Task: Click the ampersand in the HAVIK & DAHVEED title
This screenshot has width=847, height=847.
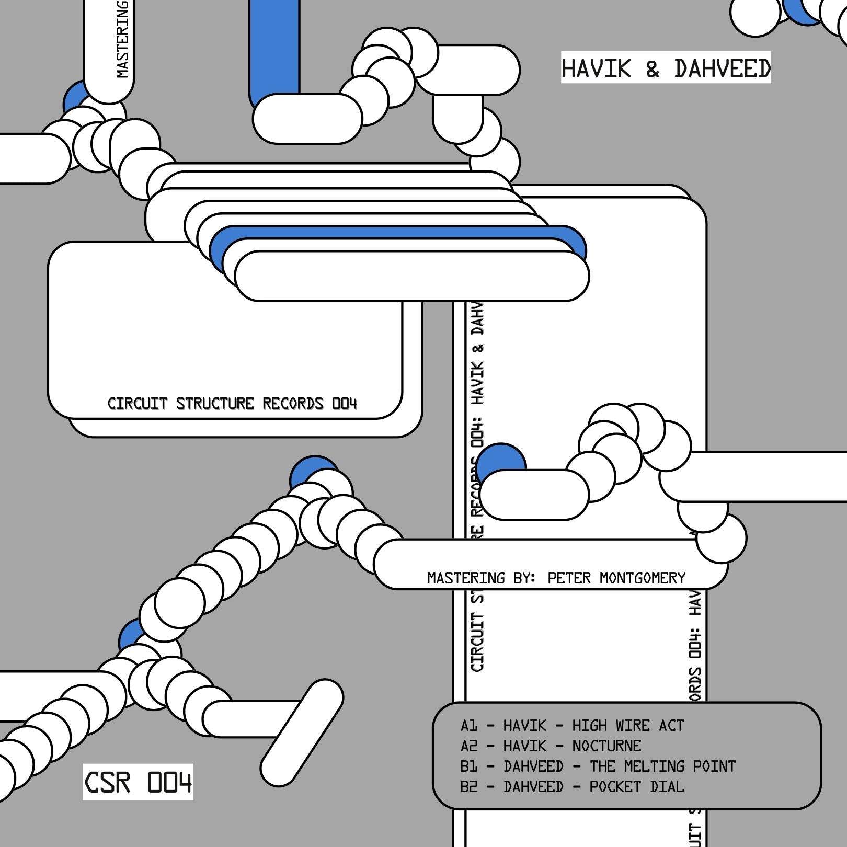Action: point(652,68)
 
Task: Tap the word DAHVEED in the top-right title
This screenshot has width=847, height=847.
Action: point(722,68)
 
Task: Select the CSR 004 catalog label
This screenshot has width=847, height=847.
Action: point(138,782)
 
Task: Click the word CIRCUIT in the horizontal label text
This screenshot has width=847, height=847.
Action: point(130,404)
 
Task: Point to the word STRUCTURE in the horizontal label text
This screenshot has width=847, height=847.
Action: point(215,404)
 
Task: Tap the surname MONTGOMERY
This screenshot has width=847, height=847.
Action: point(642,578)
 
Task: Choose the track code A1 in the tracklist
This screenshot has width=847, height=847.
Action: point(468,726)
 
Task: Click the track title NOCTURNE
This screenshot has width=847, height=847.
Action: point(606,746)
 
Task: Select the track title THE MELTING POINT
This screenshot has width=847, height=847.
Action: point(662,766)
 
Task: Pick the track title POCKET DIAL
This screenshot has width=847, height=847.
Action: point(636,786)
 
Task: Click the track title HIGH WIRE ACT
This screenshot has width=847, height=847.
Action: point(627,726)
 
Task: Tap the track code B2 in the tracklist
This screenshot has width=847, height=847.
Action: point(468,786)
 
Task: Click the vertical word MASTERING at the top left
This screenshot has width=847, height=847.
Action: point(122,39)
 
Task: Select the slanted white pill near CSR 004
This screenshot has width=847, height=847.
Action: point(302,732)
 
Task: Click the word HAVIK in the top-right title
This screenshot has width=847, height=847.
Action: point(596,68)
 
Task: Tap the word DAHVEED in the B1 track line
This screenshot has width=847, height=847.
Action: point(533,766)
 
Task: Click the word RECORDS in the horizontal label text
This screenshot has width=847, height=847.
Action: point(293,404)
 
